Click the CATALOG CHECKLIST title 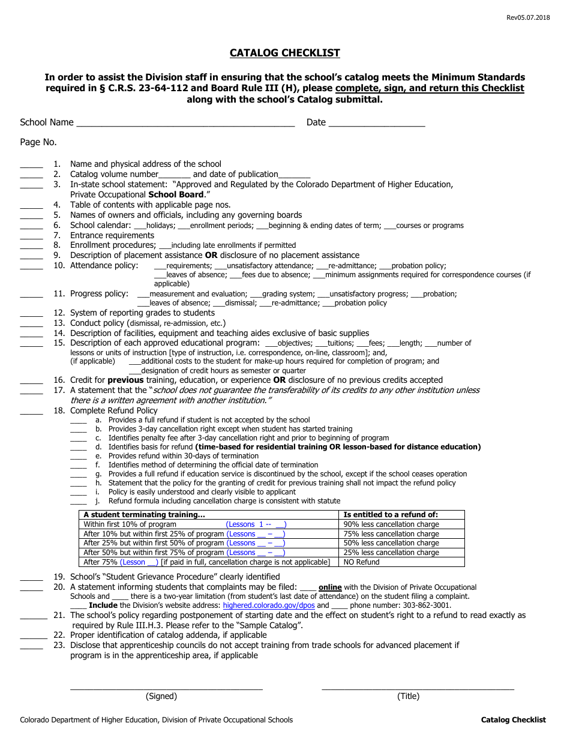[x=284, y=53]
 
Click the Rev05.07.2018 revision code [x=527, y=18]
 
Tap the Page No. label [x=38, y=142]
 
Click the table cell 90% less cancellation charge [x=391, y=524]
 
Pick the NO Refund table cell [x=361, y=562]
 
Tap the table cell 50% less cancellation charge [x=391, y=543]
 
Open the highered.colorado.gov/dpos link [x=268, y=605]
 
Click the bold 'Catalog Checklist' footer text [x=513, y=720]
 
